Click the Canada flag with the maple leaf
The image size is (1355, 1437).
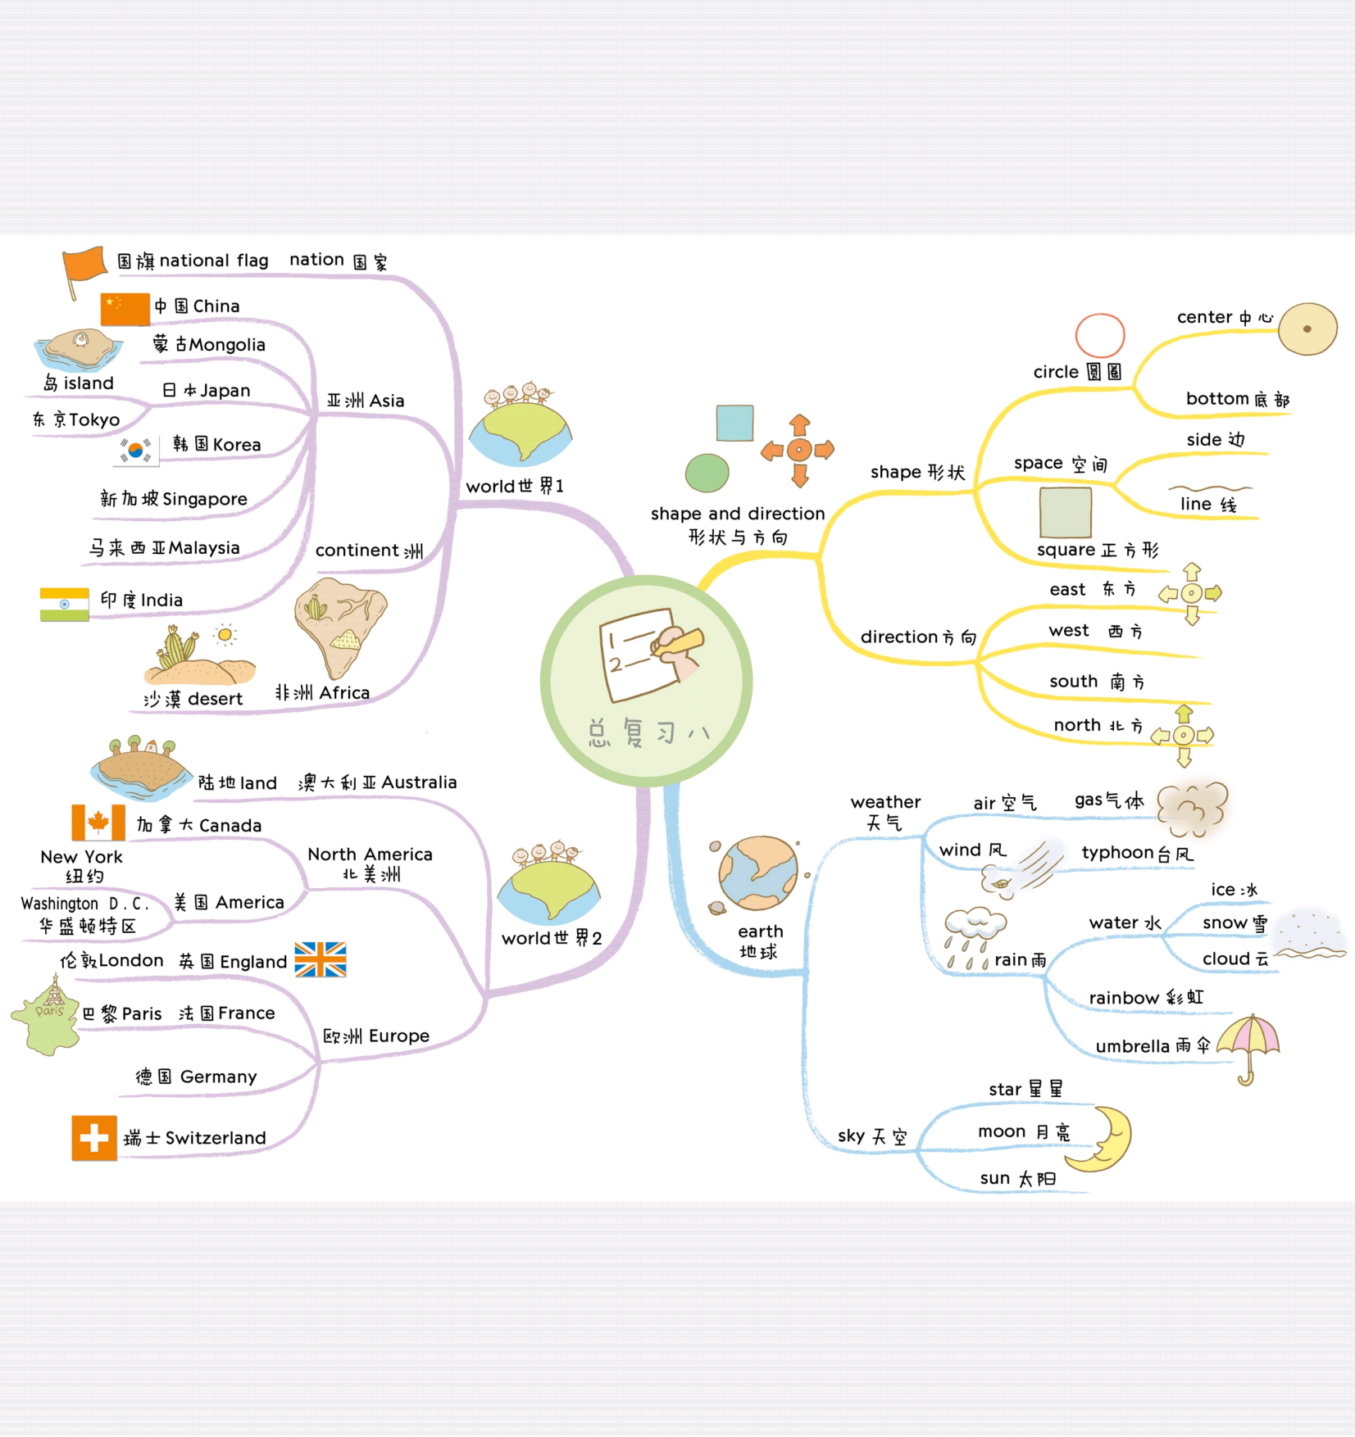coord(98,823)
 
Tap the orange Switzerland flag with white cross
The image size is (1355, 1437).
coord(94,1137)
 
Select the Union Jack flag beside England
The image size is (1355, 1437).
coord(321,959)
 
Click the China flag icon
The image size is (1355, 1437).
coord(125,309)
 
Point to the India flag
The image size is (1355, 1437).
coord(64,604)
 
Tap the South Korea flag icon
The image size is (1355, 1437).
coord(136,450)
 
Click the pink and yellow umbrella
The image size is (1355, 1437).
coord(1248,1045)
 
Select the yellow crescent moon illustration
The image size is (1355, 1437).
coord(1103,1138)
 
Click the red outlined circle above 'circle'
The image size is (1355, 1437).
coord(1099,335)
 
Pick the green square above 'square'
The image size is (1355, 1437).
coord(1065,513)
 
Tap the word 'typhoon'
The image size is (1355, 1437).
coord(1117,853)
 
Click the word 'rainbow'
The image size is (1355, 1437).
coord(1123,998)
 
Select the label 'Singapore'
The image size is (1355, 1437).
coord(204,499)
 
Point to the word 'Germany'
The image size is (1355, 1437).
coord(218,1077)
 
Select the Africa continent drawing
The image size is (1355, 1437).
coord(339,626)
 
